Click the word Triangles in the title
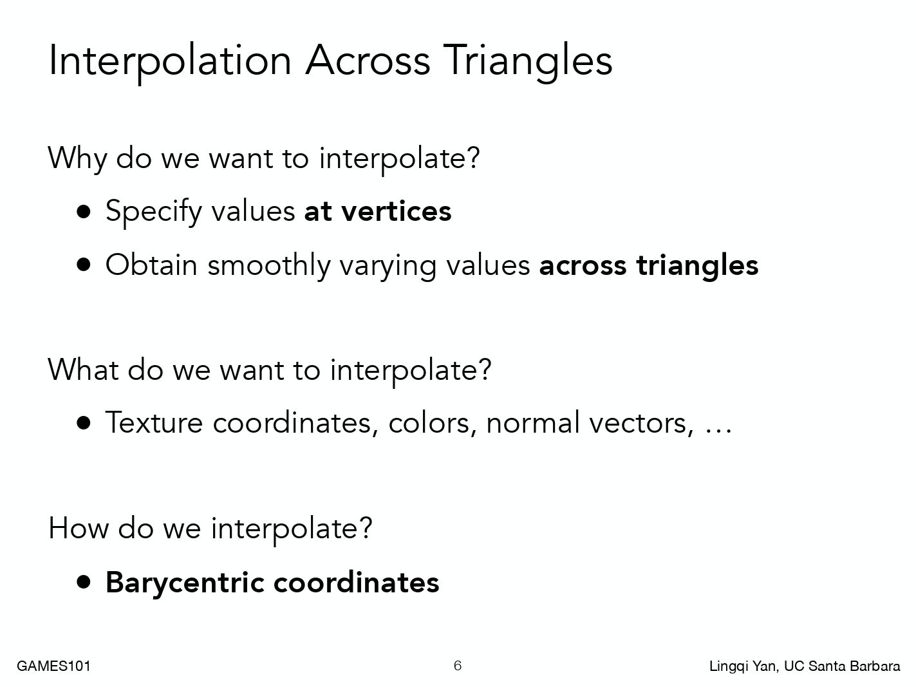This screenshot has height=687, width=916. [527, 61]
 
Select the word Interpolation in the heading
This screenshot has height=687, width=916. [170, 61]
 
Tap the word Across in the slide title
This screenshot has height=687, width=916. [367, 61]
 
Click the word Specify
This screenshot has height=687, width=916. [154, 212]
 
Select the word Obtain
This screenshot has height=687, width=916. [151, 265]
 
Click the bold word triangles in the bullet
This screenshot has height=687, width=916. [697, 267]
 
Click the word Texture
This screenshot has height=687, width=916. [154, 423]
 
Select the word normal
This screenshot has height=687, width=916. [532, 423]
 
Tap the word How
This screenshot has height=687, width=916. [79, 529]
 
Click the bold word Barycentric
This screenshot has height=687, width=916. [185, 583]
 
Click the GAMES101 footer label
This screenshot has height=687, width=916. [54, 666]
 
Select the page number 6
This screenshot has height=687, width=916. [458, 666]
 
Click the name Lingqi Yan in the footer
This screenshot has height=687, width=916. [743, 666]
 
